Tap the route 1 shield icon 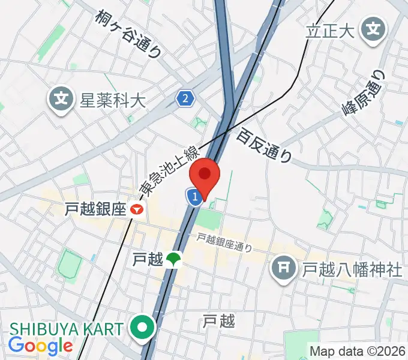[x=194, y=196]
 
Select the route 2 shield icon [x=186, y=98]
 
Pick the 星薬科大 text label [x=113, y=99]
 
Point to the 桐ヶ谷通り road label [x=129, y=34]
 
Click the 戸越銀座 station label [x=95, y=209]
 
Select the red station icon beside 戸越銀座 [x=138, y=209]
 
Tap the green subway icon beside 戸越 [x=175, y=259]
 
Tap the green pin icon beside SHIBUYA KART [x=144, y=328]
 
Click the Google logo [x=40, y=346]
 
